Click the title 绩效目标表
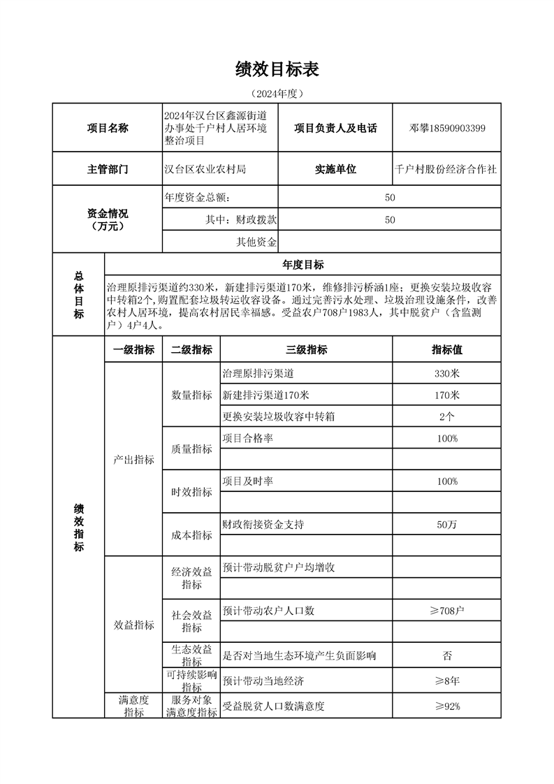[x=277, y=69]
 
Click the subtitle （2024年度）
[x=277, y=93]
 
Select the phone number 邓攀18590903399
[x=447, y=128]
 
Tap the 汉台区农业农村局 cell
[x=205, y=169]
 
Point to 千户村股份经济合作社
[x=446, y=169]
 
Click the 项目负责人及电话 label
[x=335, y=128]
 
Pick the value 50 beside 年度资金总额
[x=390, y=198]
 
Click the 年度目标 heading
[x=302, y=265]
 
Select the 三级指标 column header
[x=306, y=350]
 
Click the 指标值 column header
[x=447, y=350]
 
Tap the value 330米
[x=447, y=374]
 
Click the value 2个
[x=447, y=416]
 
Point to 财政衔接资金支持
[x=263, y=524]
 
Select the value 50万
[x=447, y=524]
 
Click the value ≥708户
[x=447, y=611]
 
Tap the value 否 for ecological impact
[x=447, y=655]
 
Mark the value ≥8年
[x=447, y=681]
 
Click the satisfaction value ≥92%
[x=447, y=706]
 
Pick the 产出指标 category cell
[x=133, y=460]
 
